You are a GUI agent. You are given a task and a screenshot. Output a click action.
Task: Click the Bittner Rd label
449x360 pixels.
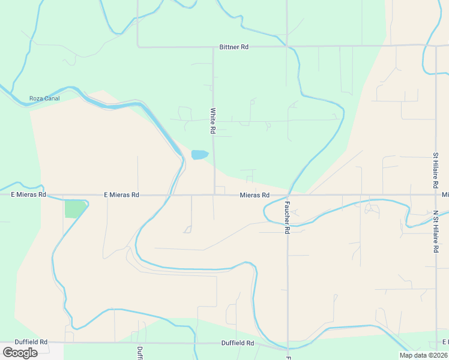[234, 47]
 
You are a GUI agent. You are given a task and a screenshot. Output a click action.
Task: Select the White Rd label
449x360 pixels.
[212, 121]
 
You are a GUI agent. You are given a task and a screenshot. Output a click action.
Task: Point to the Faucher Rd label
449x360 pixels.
[288, 218]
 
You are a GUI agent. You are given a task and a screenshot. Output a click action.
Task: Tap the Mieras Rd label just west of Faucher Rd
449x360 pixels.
[255, 195]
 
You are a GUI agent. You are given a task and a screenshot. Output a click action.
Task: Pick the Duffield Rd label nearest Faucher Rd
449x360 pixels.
[238, 343]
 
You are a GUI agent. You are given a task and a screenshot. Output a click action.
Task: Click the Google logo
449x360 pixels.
[20, 353]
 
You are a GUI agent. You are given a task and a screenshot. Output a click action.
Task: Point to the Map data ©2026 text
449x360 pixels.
[423, 355]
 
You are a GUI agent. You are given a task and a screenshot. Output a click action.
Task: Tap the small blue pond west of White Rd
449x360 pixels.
[199, 155]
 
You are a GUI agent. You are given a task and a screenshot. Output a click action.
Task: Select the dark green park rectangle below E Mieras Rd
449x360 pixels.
[74, 209]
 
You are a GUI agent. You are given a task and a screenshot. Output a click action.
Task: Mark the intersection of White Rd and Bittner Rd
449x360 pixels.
[213, 46]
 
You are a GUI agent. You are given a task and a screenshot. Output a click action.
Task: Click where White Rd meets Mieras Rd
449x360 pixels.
[214, 194]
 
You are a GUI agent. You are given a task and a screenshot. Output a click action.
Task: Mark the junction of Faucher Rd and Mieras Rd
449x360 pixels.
[288, 194]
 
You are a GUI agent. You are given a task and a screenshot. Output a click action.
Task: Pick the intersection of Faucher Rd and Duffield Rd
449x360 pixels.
[288, 344]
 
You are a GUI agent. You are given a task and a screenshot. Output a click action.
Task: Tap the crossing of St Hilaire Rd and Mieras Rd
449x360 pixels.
[436, 194]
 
